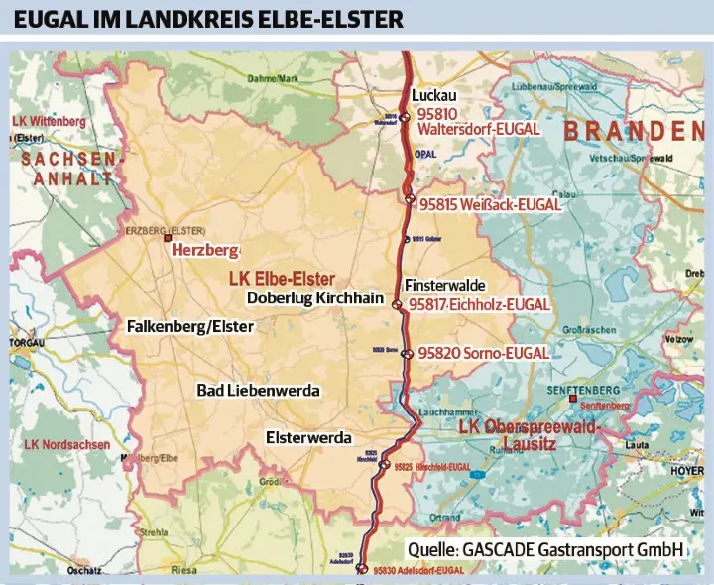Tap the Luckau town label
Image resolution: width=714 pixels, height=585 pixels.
(433, 96)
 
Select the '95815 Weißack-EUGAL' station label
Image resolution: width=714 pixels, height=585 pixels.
(490, 204)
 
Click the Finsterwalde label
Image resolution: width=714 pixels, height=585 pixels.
(444, 285)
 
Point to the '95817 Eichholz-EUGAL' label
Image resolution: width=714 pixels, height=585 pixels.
(483, 304)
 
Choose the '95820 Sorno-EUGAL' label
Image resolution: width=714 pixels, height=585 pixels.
(483, 352)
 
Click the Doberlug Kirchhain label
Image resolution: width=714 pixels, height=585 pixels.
(314, 297)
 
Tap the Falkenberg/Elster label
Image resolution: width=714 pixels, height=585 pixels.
(190, 326)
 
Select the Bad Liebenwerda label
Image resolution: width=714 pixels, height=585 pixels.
(258, 391)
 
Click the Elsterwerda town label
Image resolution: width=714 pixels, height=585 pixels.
(308, 437)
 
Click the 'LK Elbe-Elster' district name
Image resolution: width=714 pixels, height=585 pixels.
(282, 278)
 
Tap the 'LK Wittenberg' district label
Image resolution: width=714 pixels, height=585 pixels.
(49, 122)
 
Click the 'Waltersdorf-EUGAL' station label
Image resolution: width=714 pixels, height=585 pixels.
(479, 129)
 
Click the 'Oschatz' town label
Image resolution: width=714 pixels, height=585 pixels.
(83, 571)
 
